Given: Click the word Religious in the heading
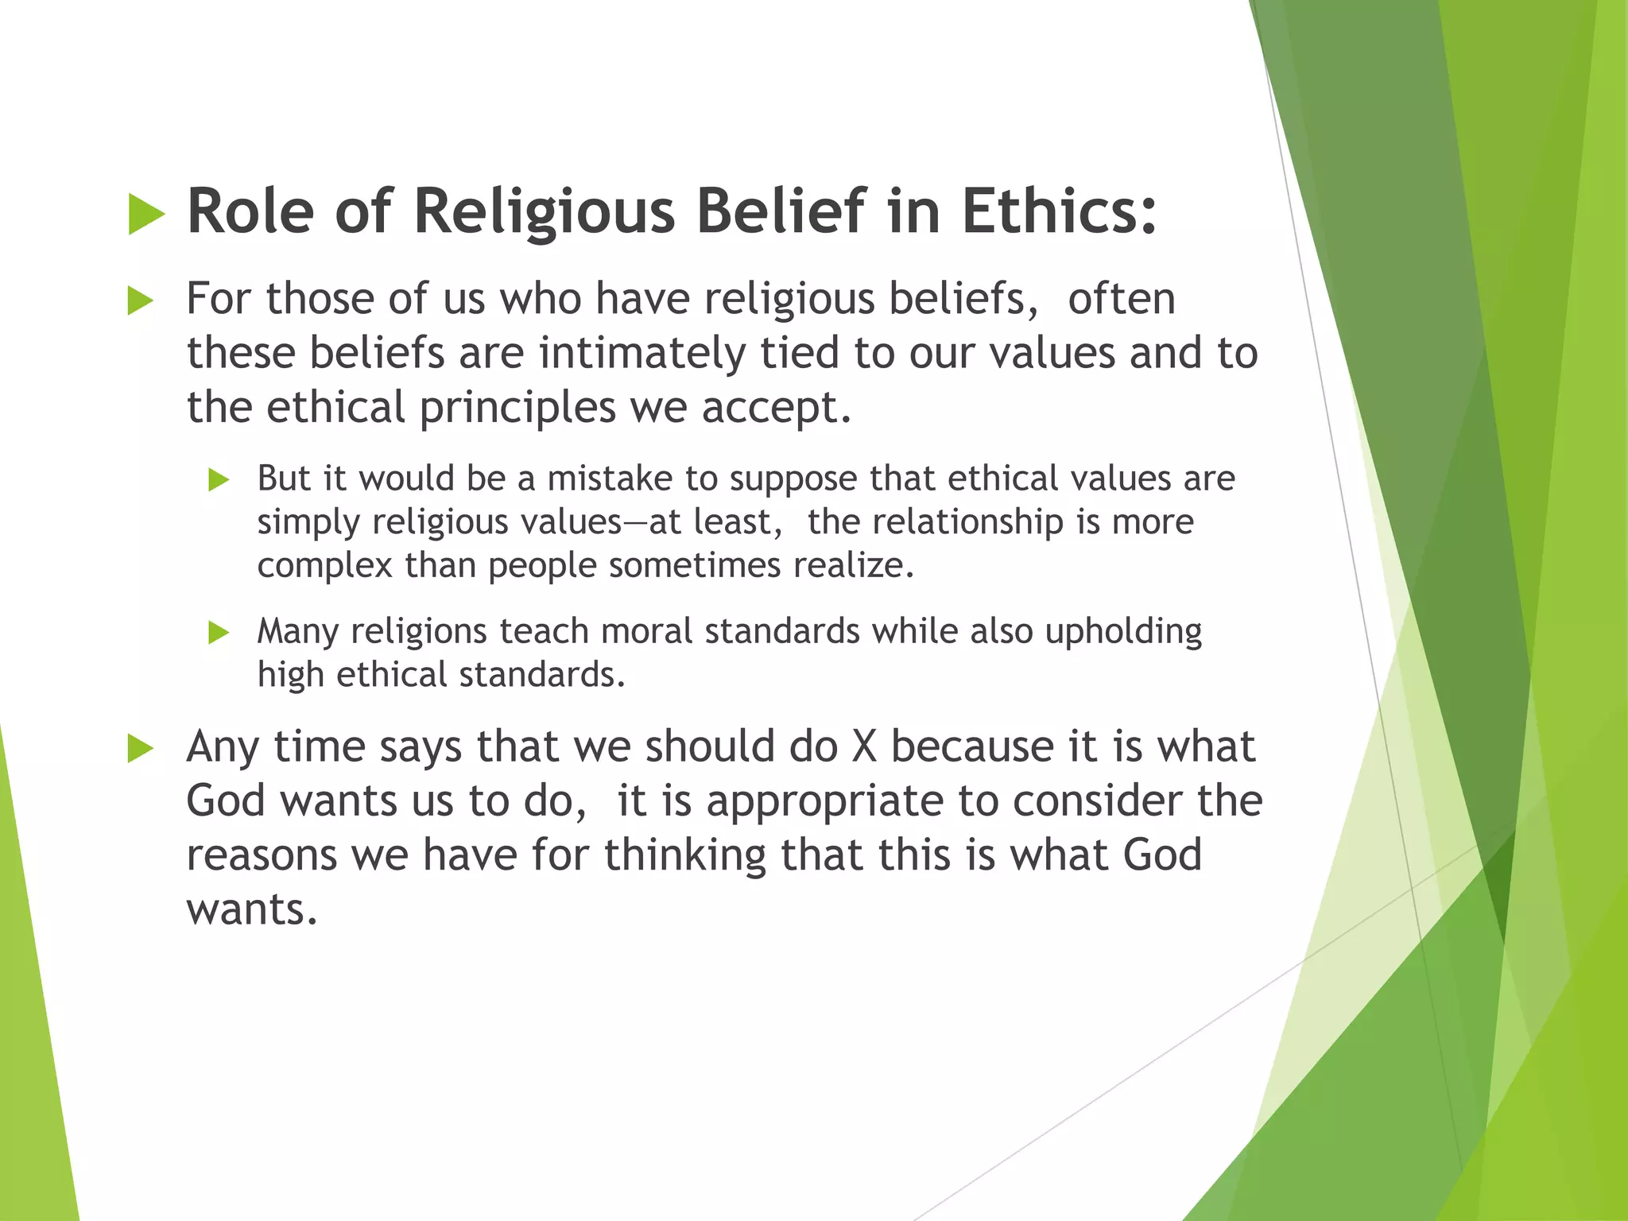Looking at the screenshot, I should pos(544,212).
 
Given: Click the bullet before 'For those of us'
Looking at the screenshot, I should pos(141,301).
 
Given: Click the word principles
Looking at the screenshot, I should pos(517,408).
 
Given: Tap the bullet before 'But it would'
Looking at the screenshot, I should pos(219,479).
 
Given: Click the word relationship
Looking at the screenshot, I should pos(967,522).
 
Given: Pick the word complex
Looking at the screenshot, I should pos(325,565).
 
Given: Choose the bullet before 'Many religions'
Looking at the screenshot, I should pos(219,633).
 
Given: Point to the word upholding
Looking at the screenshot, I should pos(1123,632).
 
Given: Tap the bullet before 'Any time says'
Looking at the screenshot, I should pos(141,749).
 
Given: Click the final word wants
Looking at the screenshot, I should pos(251,909).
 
